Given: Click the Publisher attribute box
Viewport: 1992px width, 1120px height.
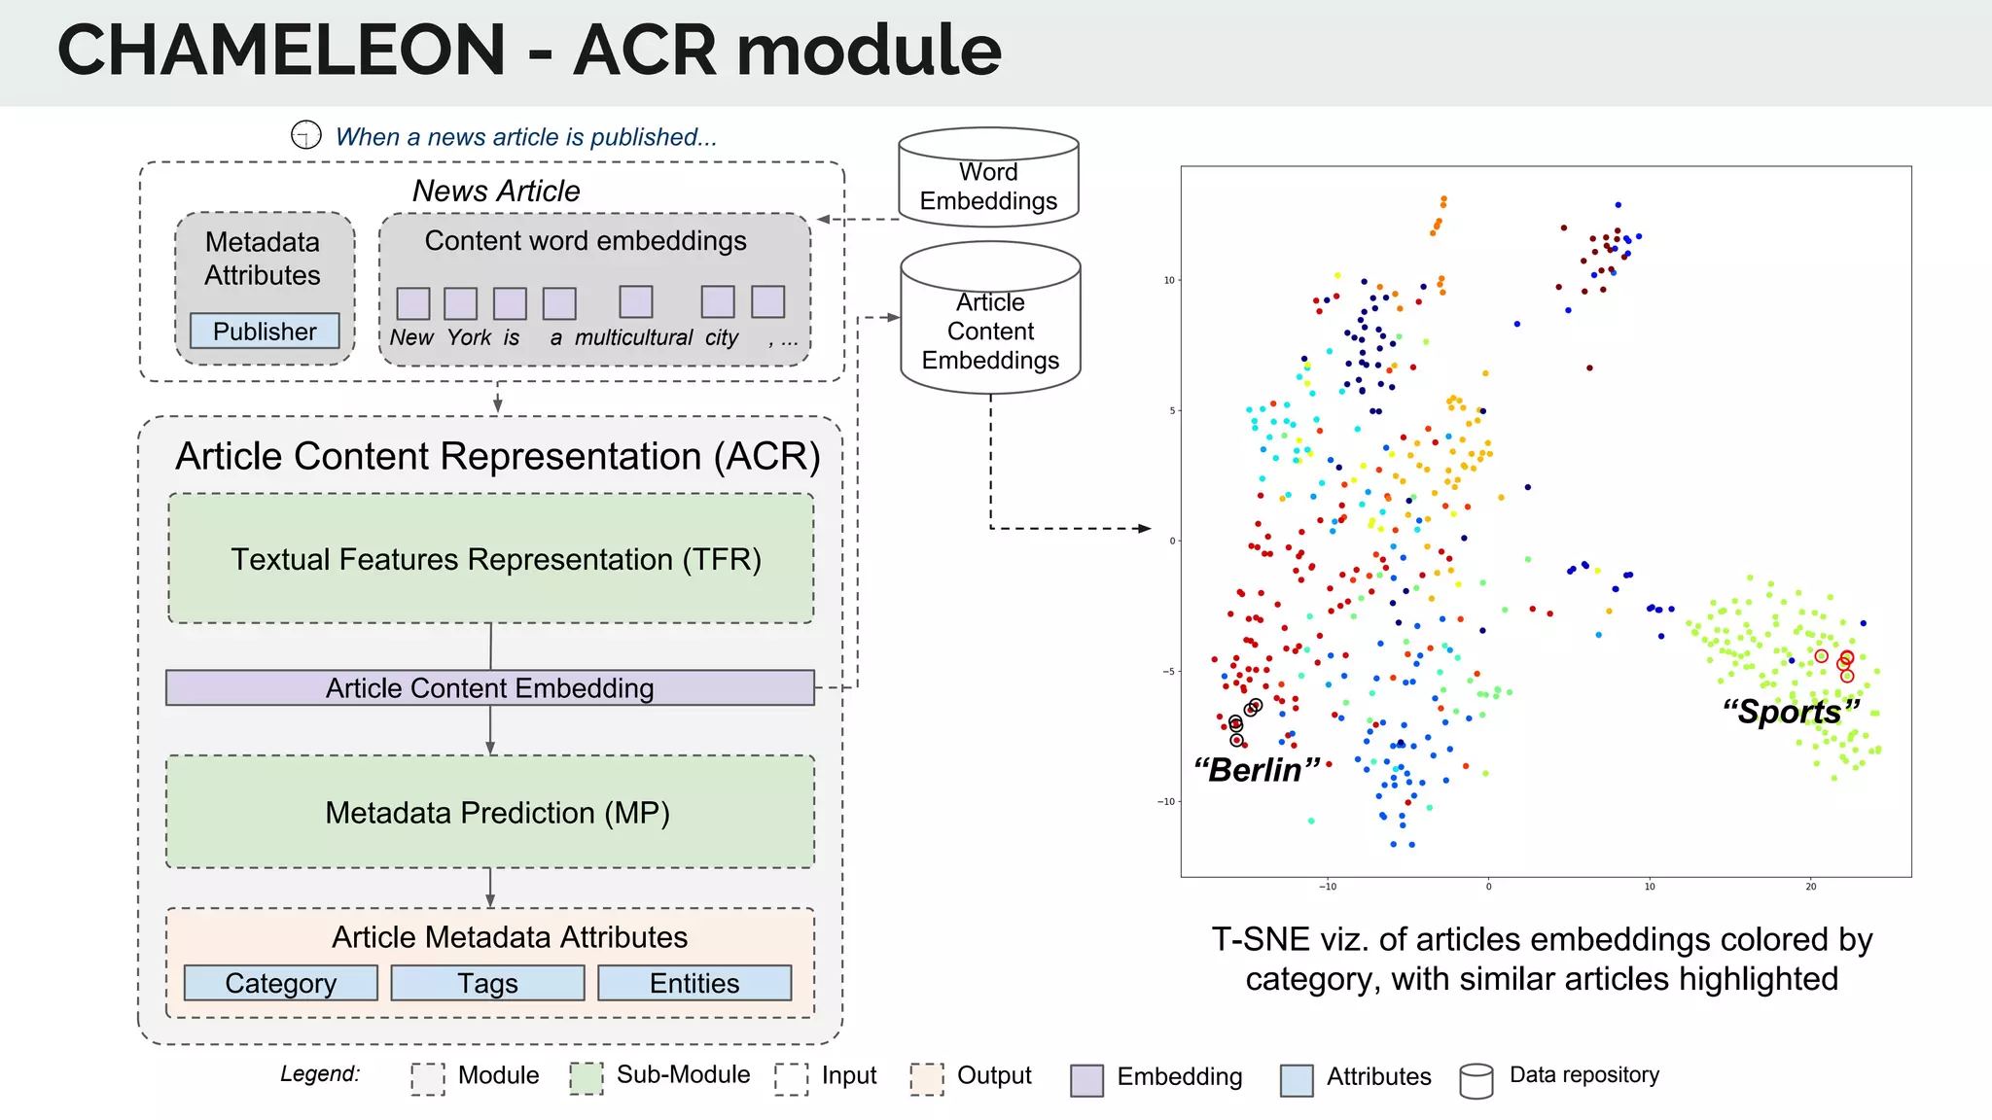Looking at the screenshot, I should click(265, 332).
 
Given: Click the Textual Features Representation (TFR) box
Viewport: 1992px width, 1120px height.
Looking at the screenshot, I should click(491, 559).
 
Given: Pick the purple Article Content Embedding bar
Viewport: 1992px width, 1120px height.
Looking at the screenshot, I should click(489, 688).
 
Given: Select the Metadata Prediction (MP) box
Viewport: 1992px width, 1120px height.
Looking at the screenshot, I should click(491, 812).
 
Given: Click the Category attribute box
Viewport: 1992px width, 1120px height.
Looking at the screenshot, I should click(280, 983).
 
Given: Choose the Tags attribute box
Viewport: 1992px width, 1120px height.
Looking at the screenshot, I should click(487, 983).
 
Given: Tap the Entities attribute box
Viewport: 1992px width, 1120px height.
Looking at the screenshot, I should click(694, 983).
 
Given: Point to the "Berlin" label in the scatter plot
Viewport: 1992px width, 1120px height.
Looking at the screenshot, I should click(1257, 770).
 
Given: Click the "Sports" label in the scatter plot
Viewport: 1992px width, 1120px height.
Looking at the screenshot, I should click(1790, 712).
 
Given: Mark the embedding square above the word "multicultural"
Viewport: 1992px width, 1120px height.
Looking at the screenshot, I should click(635, 302).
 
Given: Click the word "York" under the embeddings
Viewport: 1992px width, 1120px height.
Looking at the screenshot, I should click(469, 337).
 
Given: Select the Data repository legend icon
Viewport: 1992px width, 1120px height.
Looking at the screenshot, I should click(1476, 1080).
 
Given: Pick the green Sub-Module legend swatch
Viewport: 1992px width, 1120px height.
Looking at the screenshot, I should click(586, 1078).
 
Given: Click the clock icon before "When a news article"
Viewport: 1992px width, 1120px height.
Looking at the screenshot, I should click(306, 135).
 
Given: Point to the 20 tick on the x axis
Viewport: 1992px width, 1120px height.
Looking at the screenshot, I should click(1810, 886).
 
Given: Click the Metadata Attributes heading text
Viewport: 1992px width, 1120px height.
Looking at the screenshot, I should click(263, 259).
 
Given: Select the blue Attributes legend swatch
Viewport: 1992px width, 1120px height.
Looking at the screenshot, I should click(1296, 1080).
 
